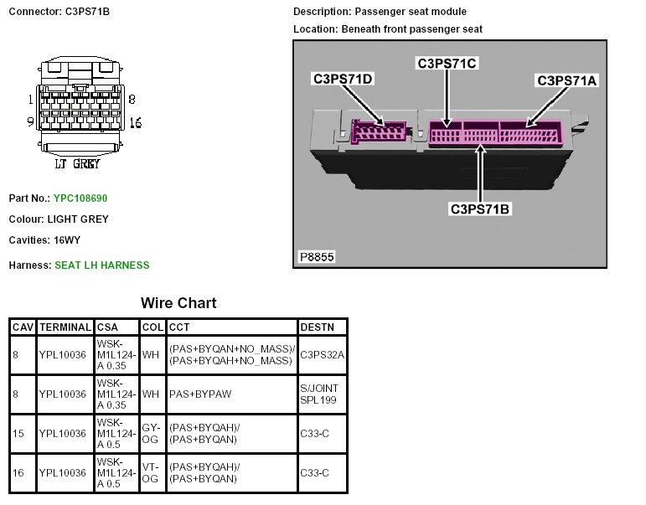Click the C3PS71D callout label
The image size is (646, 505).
pyautogui.click(x=343, y=79)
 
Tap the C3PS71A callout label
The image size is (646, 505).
pyautogui.click(x=566, y=80)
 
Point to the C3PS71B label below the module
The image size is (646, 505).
pyautogui.click(x=479, y=209)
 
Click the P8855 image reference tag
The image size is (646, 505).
pyautogui.click(x=316, y=257)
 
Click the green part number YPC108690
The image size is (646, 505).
pyautogui.click(x=81, y=198)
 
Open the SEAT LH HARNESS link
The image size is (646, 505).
pyautogui.click(x=101, y=265)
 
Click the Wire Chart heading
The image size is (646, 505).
pyautogui.click(x=178, y=302)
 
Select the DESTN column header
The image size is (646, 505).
pyautogui.click(x=317, y=327)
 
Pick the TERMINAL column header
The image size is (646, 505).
pyautogui.click(x=64, y=327)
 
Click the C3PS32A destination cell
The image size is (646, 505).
pyautogui.click(x=322, y=354)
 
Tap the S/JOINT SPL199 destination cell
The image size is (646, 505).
pyautogui.click(x=322, y=394)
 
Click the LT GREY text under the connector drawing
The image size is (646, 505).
pyautogui.click(x=77, y=164)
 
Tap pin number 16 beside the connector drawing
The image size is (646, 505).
pyautogui.click(x=135, y=123)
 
